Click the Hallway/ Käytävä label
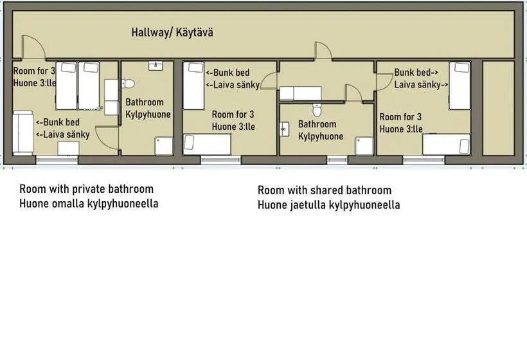172,32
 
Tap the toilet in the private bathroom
128,84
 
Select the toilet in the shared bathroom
317,110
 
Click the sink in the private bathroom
156,66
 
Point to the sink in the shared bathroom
284,129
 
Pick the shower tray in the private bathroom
164,146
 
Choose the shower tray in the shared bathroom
364,146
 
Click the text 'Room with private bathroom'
86,189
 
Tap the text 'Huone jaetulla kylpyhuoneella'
328,204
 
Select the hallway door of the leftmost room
33,47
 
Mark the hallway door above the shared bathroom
323,51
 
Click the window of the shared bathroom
337,159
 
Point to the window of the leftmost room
57,159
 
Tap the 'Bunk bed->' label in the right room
416,72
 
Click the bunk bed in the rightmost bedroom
460,85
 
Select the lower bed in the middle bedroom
207,145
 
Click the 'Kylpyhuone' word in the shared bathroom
321,136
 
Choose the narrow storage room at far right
499,108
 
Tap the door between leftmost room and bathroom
107,138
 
